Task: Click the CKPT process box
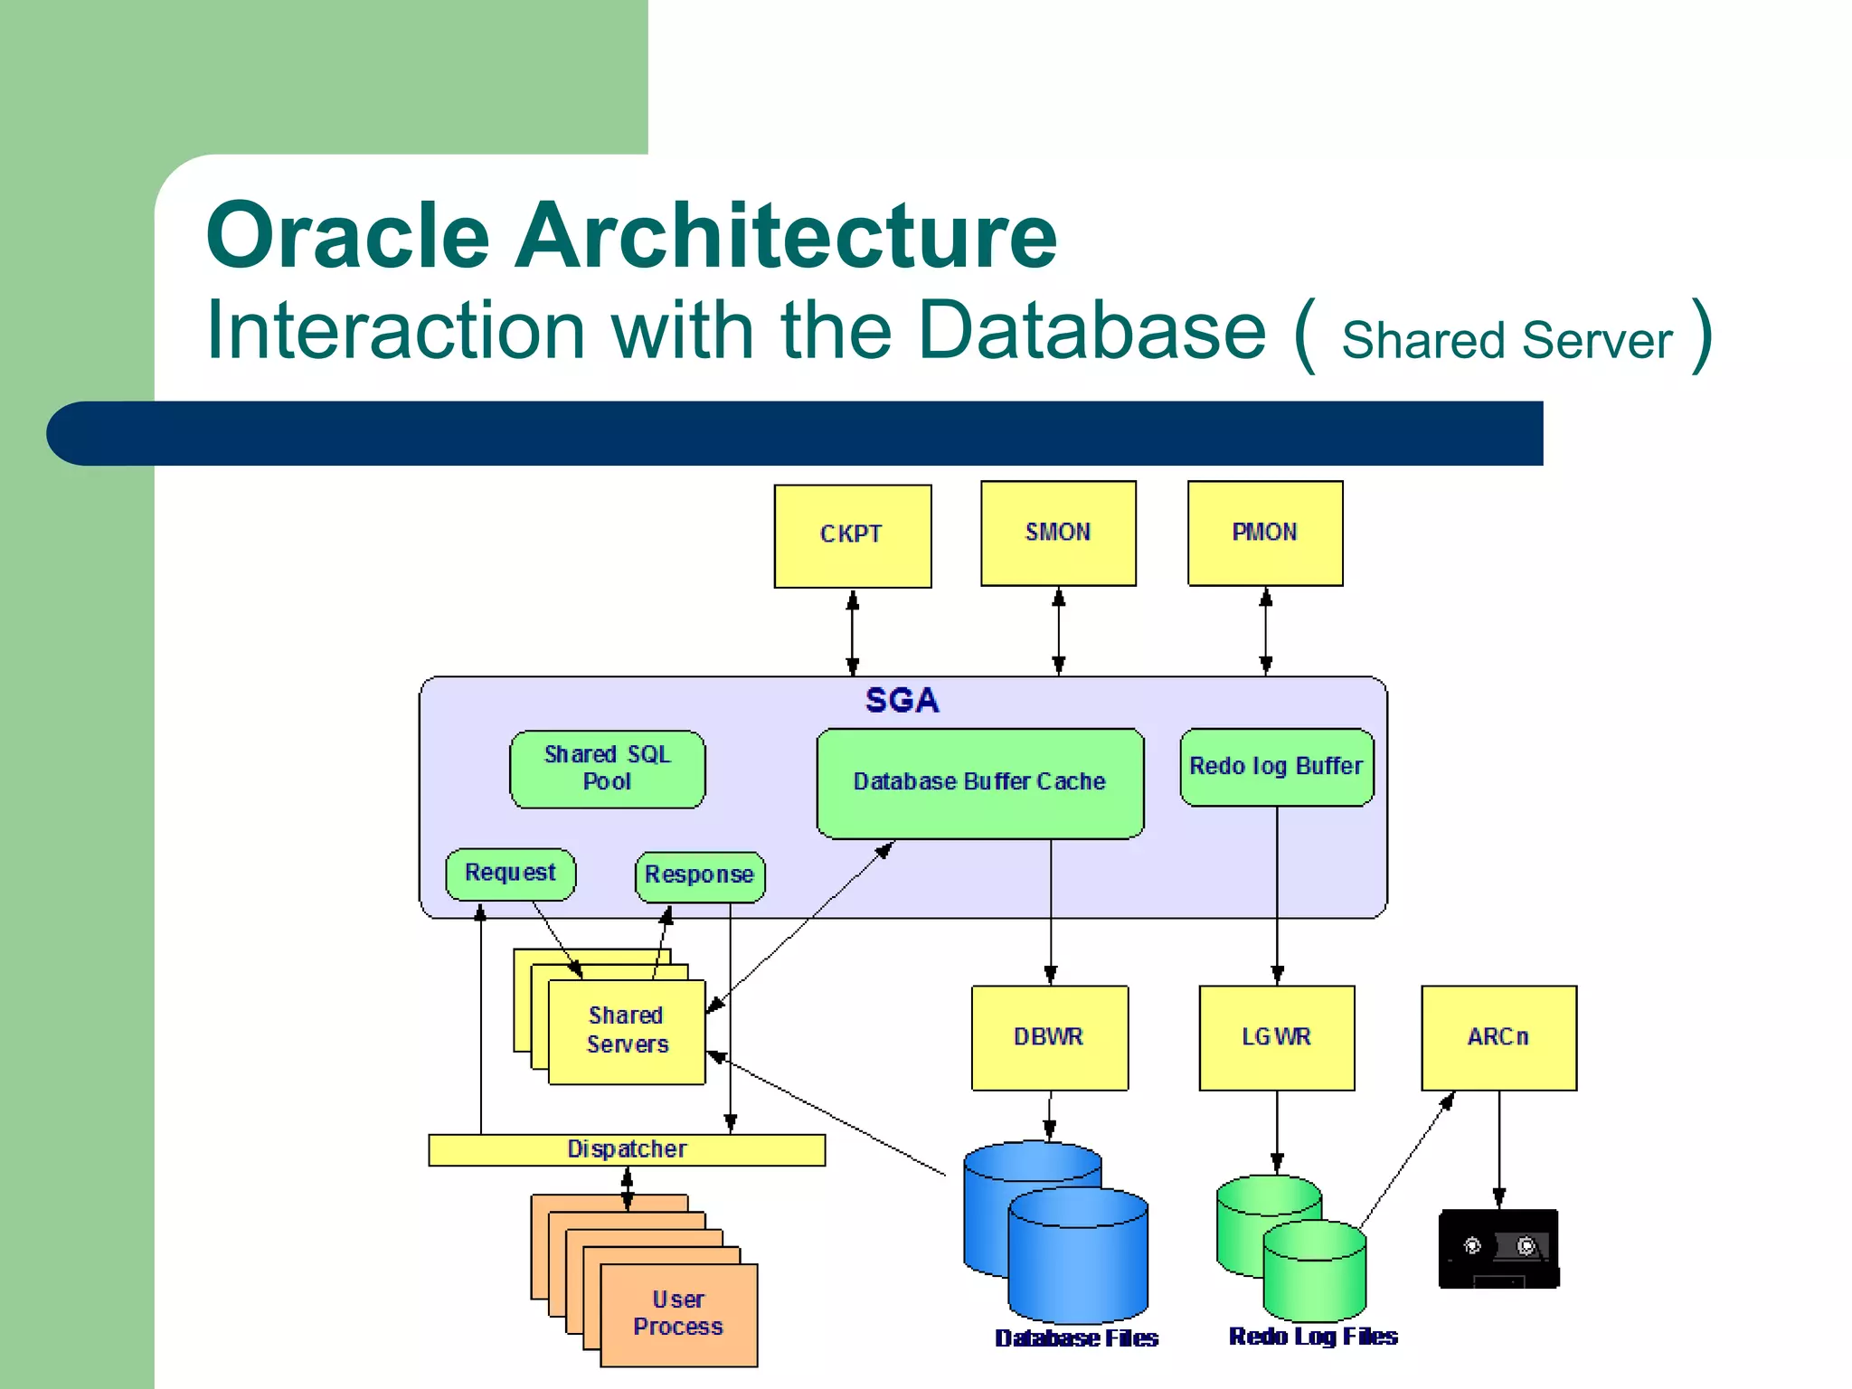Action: tap(852, 535)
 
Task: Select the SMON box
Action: tap(1058, 533)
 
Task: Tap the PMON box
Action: tap(1264, 533)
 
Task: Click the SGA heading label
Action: tap(902, 701)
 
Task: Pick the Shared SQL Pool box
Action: tap(607, 769)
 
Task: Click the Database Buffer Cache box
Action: tap(979, 782)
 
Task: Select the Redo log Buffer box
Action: tap(1276, 767)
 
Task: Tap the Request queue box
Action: tap(510, 874)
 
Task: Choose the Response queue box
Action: tap(699, 875)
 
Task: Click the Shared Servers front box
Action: tap(627, 1032)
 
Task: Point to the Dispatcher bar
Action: tap(627, 1149)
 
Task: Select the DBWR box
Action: tap(1049, 1037)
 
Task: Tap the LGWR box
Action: tap(1276, 1037)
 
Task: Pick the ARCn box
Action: tap(1498, 1037)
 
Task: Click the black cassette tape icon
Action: tap(1498, 1249)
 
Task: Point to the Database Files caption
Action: tap(1076, 1338)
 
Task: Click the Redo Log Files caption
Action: tap(1313, 1337)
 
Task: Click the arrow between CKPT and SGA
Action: tap(852, 632)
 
